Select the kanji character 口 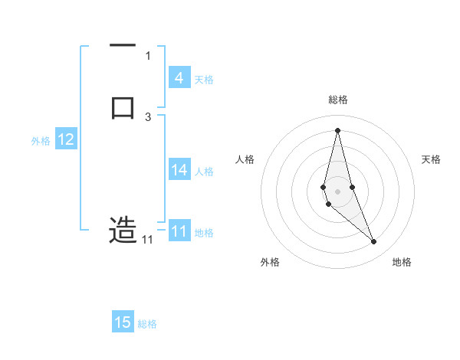click(123, 106)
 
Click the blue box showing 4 click(179, 77)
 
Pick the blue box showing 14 click(179, 170)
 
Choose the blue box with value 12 click(66, 139)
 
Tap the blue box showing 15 click(123, 322)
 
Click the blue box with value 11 click(179, 231)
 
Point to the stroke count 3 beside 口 click(148, 117)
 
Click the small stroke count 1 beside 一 click(148, 55)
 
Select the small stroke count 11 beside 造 click(147, 240)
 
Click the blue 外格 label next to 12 click(41, 141)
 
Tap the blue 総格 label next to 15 click(147, 324)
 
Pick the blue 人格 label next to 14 click(205, 172)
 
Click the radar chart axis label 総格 click(338, 100)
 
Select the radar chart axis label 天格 click(432, 159)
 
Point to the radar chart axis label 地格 click(402, 262)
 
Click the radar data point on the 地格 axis click(374, 242)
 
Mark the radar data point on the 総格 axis click(338, 129)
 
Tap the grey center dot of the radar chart click(338, 191)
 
